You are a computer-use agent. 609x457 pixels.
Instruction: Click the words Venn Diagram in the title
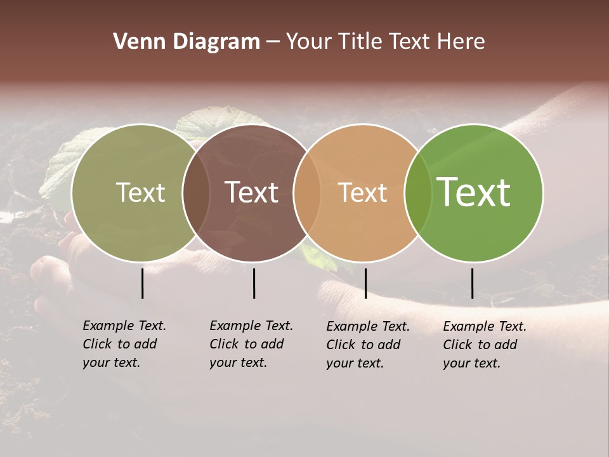pos(187,42)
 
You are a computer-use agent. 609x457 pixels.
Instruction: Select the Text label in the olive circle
pos(140,192)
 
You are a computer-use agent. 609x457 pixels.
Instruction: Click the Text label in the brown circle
pos(252,192)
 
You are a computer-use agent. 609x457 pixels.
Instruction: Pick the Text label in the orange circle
pos(363,192)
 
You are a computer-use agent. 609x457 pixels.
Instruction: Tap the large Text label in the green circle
pos(474,192)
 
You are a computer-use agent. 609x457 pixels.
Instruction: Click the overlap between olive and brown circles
pos(196,192)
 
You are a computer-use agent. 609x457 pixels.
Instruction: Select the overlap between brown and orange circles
pos(307,192)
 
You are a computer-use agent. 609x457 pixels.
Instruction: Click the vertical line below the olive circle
pos(143,283)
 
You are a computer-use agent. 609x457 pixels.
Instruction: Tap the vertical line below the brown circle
pos(254,283)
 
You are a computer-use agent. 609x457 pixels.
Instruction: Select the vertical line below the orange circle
pos(365,283)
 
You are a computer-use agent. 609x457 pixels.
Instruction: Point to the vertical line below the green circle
pos(472,283)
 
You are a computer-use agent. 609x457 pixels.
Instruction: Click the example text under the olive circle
pos(124,344)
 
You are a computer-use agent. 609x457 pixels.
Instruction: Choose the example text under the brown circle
pos(251,344)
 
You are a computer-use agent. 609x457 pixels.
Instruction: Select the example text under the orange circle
pos(367,345)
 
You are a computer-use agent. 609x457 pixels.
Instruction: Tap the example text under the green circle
pos(484,345)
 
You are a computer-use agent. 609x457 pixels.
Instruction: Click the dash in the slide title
pos(273,43)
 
